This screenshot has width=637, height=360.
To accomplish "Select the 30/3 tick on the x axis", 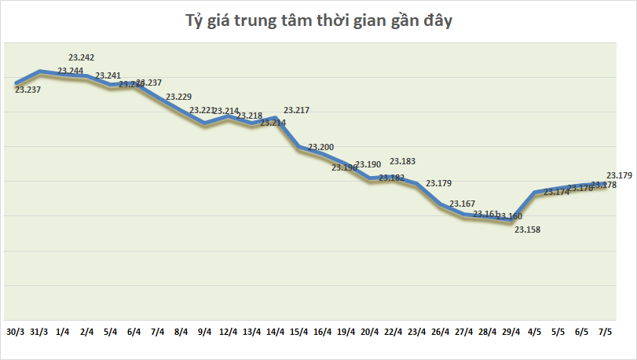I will point(16,332).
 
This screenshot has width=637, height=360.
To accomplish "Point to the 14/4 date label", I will point(276,332).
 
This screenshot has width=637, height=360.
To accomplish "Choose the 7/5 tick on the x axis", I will point(606,332).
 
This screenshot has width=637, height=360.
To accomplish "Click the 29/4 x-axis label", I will point(511,332).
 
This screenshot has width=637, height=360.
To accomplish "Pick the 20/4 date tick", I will point(370,332).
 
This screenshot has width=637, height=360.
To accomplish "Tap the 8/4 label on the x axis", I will point(181,332).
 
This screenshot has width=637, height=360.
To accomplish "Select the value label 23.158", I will point(527,230).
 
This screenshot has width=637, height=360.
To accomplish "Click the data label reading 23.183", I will point(403,161).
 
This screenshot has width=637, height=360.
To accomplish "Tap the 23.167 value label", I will point(462,204).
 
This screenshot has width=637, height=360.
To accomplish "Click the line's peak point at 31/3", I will point(40,72).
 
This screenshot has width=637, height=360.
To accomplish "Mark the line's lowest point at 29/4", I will point(511,222).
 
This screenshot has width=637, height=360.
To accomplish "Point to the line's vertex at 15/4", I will point(299,146).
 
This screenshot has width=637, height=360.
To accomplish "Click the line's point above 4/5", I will point(535,193).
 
